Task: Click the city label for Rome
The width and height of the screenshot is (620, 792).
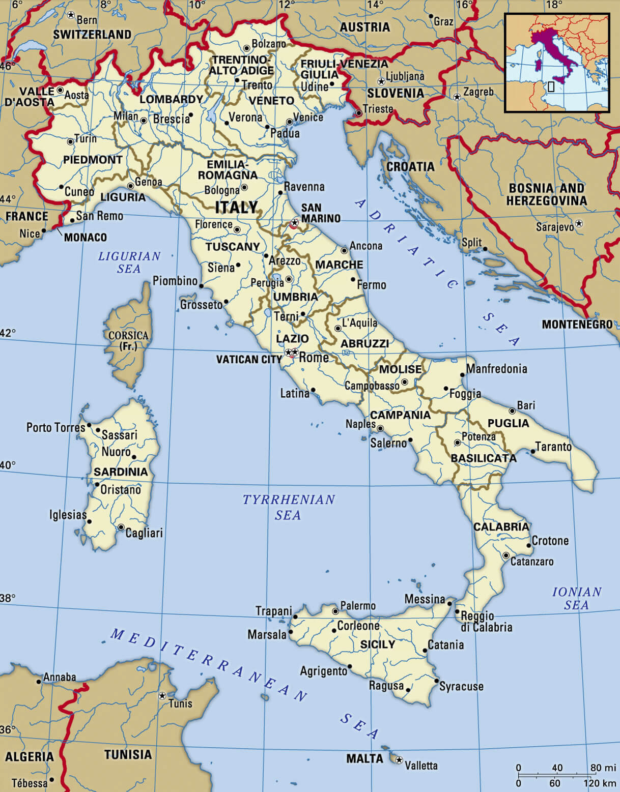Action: (314, 358)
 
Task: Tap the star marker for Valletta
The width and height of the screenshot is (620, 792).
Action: (399, 760)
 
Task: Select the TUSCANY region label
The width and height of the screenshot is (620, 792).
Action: (233, 247)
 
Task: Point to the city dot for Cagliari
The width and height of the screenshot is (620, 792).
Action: (121, 527)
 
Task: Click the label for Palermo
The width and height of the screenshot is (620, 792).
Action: (357, 605)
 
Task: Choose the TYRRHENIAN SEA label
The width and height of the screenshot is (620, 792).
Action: (289, 507)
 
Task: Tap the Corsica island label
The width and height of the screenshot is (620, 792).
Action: (128, 340)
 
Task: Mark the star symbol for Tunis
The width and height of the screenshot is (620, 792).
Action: (162, 695)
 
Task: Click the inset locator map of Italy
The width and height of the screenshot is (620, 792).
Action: (557, 63)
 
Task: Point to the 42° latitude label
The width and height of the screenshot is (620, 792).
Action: (8, 333)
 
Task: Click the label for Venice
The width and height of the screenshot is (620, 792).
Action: (308, 118)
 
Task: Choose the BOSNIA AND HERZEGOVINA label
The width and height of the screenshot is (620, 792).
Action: (546, 194)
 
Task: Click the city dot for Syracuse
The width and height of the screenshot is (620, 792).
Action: (436, 681)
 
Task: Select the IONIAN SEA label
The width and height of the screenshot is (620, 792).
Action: (577, 598)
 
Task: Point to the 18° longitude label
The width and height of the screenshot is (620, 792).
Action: (554, 5)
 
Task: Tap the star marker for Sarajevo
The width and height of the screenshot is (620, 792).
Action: (579, 224)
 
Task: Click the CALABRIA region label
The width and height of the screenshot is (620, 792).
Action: (501, 526)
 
